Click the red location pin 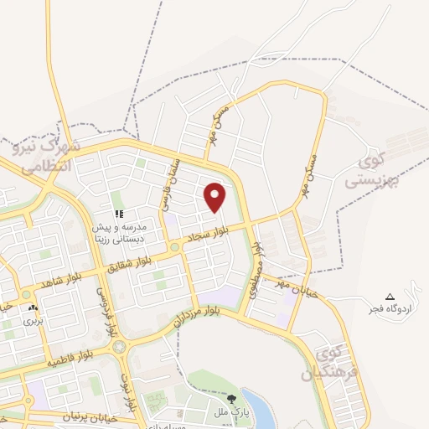(x=215, y=197)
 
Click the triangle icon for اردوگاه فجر (x=389, y=297)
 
